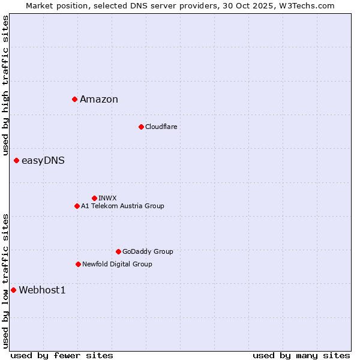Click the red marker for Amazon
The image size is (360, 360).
coord(74,99)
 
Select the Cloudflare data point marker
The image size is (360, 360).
coord(141,127)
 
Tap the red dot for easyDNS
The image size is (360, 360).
coord(16,160)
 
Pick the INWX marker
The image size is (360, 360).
coord(94,198)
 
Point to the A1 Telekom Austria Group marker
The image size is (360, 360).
coord(77,206)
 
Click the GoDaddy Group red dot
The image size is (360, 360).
coord(118,251)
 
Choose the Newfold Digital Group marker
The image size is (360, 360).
coord(78,264)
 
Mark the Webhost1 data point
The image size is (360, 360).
coord(13,290)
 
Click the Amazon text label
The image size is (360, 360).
coord(99,100)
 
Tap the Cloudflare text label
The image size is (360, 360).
coord(161,127)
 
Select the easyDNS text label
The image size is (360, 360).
coord(43,161)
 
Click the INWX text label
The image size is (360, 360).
coord(107,198)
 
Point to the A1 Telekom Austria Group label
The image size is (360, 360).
coord(122,206)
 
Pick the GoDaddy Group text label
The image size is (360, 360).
coord(148,251)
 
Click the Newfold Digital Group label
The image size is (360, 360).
coord(117,264)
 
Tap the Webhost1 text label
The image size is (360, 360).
coord(42,290)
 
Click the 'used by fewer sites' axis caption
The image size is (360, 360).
coord(62,355)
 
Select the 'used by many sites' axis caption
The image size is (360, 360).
coord(301,355)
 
